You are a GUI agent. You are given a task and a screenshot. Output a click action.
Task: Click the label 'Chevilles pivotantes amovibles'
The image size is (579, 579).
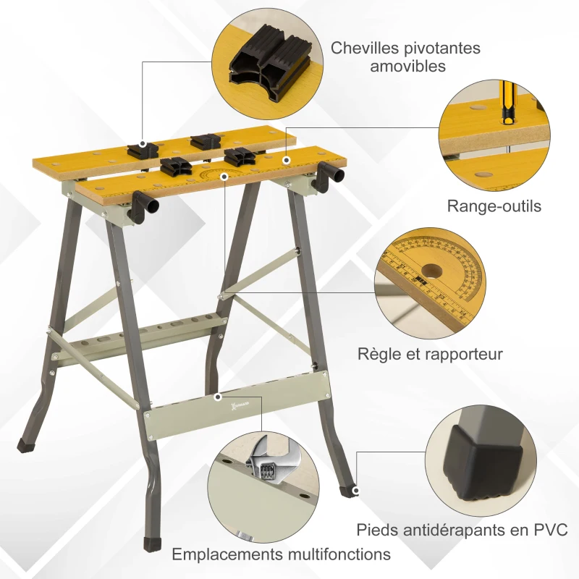(x=405, y=56)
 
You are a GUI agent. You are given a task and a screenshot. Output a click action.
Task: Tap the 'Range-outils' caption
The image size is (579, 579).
(x=494, y=206)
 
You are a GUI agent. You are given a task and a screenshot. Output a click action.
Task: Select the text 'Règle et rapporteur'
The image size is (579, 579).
(x=430, y=354)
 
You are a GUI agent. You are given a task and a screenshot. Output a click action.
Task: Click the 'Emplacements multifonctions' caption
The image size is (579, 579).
(x=281, y=554)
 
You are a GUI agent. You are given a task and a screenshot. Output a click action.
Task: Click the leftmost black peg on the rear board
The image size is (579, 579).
(x=142, y=149)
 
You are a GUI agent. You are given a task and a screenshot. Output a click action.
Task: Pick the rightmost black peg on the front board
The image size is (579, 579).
(x=240, y=156)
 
